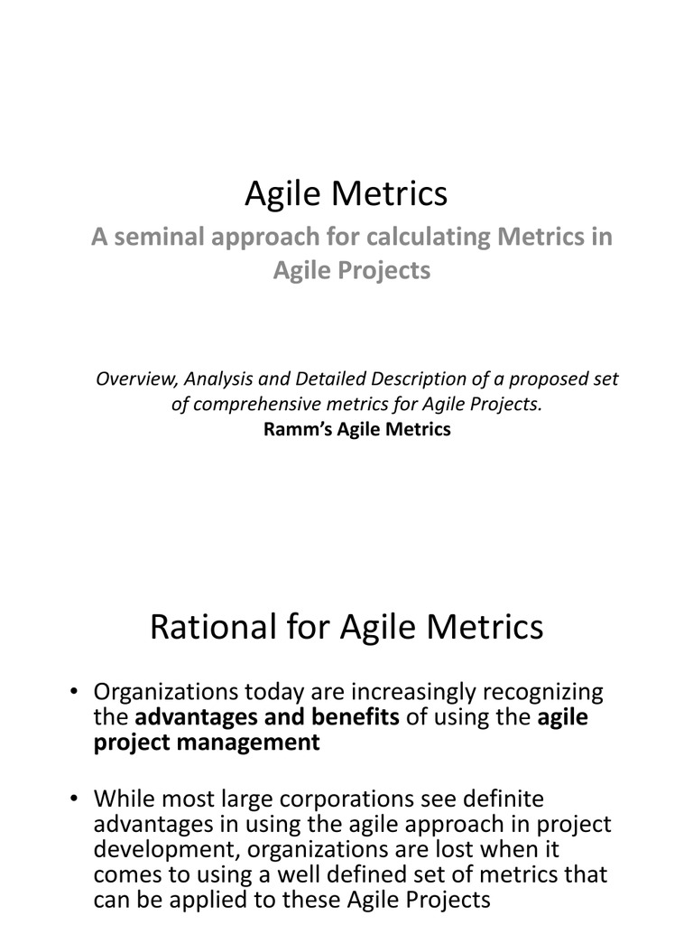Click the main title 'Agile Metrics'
pos(346,192)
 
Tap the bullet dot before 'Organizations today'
pos(76,693)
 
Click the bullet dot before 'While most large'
pos(76,799)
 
